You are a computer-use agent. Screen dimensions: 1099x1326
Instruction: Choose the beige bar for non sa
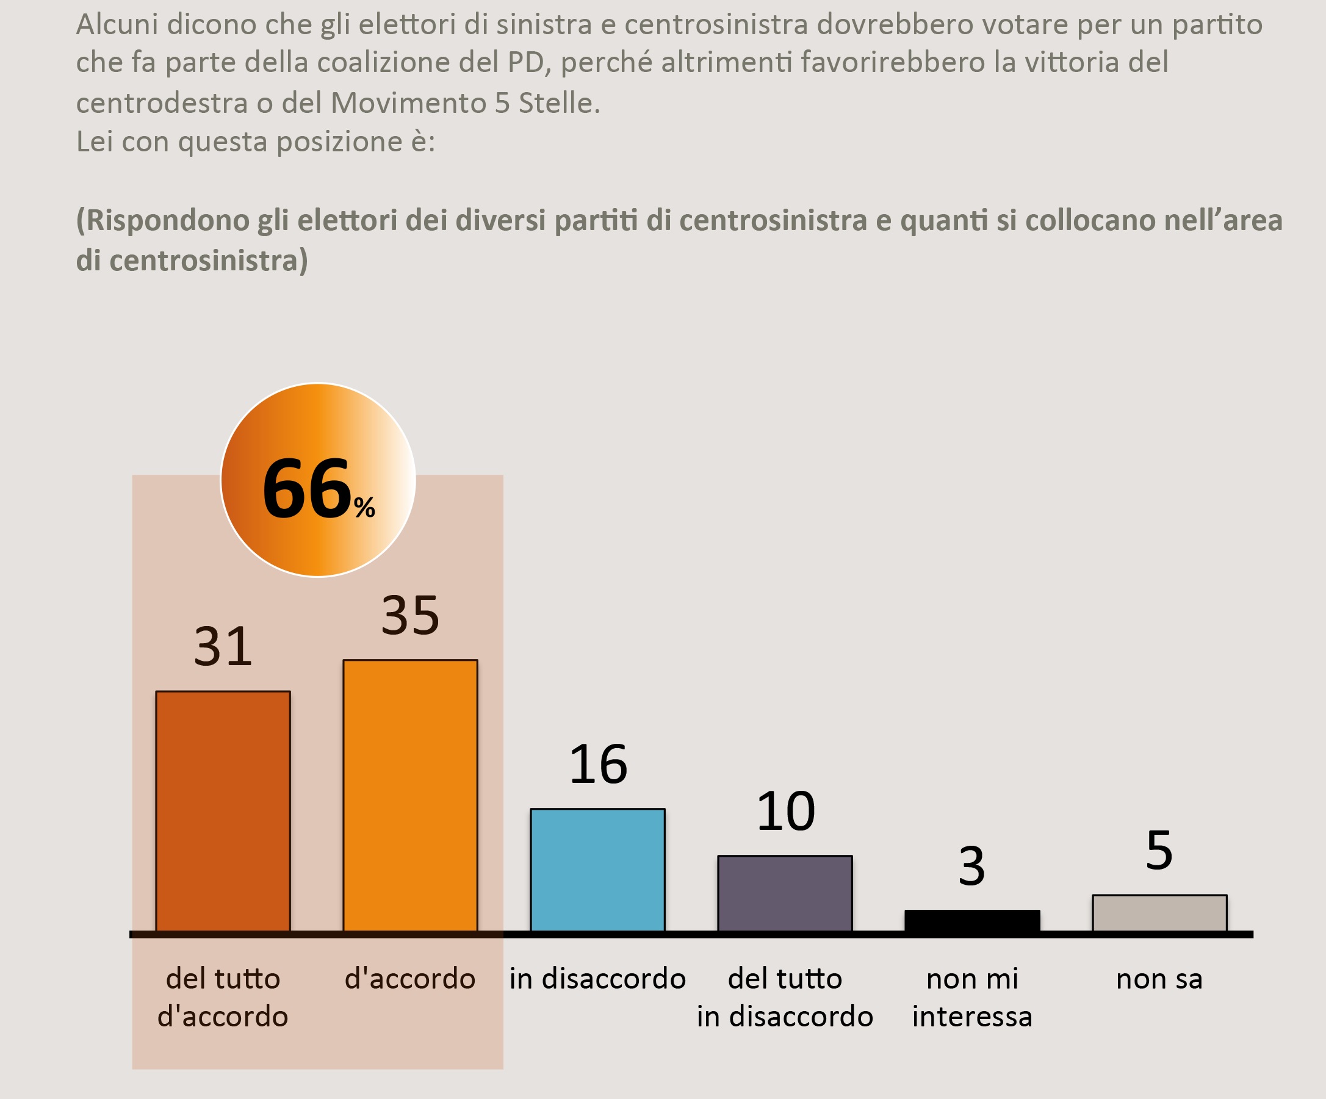[1160, 913]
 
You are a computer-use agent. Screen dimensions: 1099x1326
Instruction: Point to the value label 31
[223, 647]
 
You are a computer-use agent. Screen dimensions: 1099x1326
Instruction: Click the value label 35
[411, 615]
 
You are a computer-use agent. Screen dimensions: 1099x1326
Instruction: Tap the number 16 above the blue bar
[598, 765]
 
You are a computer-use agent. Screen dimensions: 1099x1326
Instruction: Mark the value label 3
[971, 867]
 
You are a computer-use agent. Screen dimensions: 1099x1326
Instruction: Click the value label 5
[1159, 851]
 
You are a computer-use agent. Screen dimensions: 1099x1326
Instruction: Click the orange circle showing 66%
[317, 480]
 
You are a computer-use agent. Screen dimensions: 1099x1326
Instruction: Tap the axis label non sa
[1159, 979]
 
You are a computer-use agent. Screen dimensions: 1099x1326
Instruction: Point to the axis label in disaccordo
[597, 979]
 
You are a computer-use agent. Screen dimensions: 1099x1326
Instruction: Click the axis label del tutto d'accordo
[223, 998]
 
